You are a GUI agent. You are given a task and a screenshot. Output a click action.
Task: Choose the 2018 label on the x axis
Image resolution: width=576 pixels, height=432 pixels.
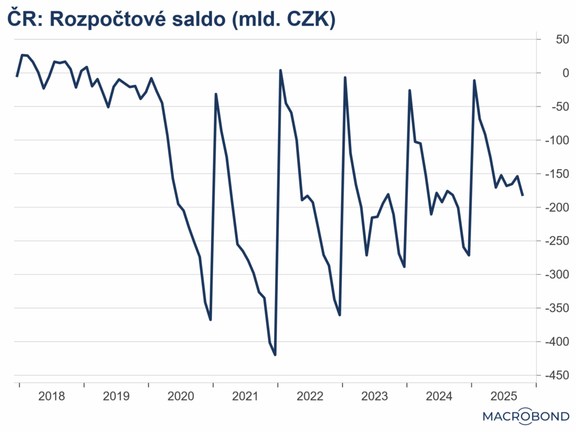click(x=51, y=397)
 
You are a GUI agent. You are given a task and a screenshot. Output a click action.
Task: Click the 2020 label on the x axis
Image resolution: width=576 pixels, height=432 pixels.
click(x=181, y=397)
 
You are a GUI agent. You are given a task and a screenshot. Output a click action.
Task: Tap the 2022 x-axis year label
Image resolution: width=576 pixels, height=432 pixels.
click(x=310, y=397)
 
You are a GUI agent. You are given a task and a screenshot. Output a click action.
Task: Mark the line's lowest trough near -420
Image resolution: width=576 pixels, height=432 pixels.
click(x=275, y=355)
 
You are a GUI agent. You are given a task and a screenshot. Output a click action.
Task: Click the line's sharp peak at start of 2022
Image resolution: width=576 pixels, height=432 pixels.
click(x=280, y=70)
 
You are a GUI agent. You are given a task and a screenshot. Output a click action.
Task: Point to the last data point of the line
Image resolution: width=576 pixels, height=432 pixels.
click(x=523, y=195)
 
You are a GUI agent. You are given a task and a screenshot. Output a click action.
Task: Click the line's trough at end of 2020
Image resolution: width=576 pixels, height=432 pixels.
click(x=210, y=320)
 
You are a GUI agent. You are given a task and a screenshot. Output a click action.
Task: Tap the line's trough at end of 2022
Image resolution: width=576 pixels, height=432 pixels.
click(x=340, y=315)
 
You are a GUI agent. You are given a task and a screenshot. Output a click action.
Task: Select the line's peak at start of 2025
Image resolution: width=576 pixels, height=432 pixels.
click(x=474, y=81)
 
